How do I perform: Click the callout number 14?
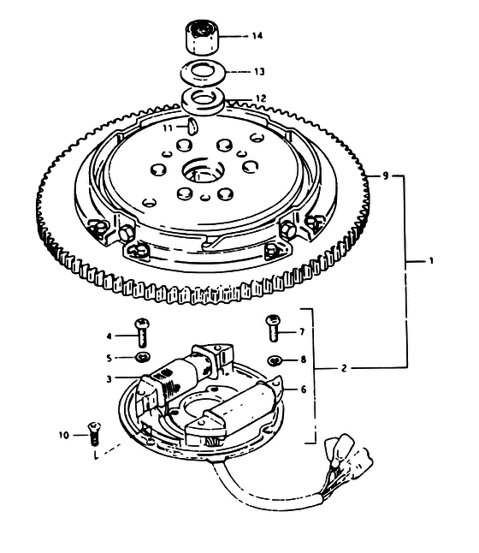click(257, 36)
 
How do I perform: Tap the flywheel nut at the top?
click(201, 38)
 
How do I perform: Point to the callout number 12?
click(261, 98)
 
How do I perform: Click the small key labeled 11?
click(192, 127)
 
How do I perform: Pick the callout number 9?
click(386, 175)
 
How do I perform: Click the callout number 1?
click(431, 261)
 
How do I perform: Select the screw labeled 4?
click(142, 332)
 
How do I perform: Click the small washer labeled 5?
click(143, 357)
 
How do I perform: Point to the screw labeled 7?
click(273, 328)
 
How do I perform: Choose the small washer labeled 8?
click(275, 360)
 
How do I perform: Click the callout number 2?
click(344, 369)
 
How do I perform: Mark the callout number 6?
click(304, 389)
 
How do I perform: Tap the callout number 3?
click(109, 378)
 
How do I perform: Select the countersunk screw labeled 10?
click(93, 433)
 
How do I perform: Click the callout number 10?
click(64, 435)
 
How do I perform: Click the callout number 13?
click(259, 72)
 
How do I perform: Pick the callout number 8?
click(304, 360)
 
